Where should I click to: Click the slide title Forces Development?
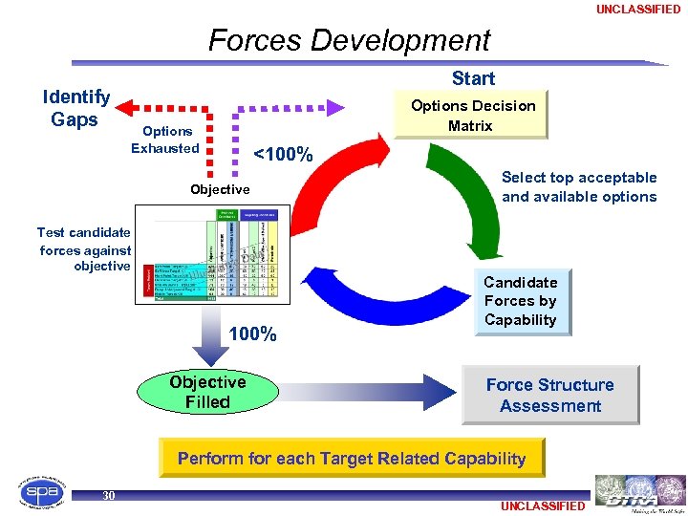point(349,40)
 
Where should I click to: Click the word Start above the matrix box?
point(473,78)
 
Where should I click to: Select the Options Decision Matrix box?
point(472,116)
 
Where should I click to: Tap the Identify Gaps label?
point(75,108)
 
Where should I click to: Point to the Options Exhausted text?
point(165,140)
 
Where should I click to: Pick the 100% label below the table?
point(253,334)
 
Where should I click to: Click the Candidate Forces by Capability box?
point(520,301)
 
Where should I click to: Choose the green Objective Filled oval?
point(207,392)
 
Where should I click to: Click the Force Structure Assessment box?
point(549,395)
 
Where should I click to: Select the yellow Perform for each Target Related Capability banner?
point(352,458)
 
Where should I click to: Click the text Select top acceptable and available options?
point(579,187)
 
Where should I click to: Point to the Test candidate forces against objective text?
point(84,249)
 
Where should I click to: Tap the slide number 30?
point(109,495)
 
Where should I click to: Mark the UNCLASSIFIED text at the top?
point(638,10)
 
